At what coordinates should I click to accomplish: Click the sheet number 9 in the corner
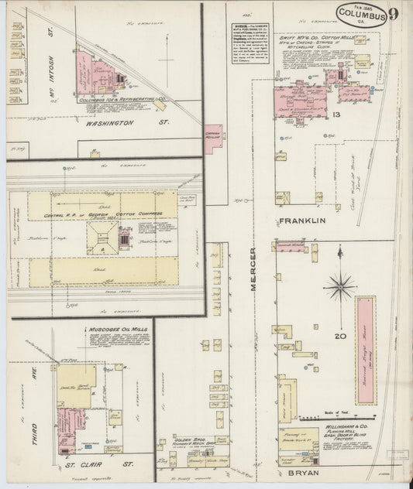coord(394,13)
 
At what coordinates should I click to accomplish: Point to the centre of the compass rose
coord(339,288)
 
